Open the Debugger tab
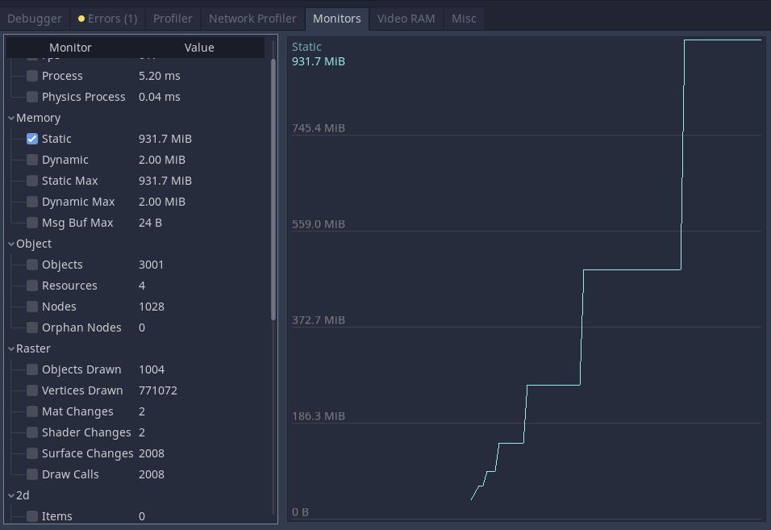coord(35,19)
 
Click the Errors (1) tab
coord(107,19)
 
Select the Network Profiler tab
coord(252,19)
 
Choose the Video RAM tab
coord(406,19)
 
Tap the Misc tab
coord(464,19)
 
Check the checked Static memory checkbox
coord(32,139)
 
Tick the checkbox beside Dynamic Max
coord(32,202)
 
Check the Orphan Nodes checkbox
coord(32,328)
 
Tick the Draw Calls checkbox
coord(32,474)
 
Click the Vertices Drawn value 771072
coord(158,390)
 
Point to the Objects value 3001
coord(151,265)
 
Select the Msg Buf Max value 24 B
coord(150,223)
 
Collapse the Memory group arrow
coord(11,118)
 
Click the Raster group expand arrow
coord(11,348)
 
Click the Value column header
coord(199,48)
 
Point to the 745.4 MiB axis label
coord(319,128)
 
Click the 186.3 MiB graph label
coord(319,416)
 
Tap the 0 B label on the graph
coord(301,512)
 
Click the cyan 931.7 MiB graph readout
coord(319,61)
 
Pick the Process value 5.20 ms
coord(160,76)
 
